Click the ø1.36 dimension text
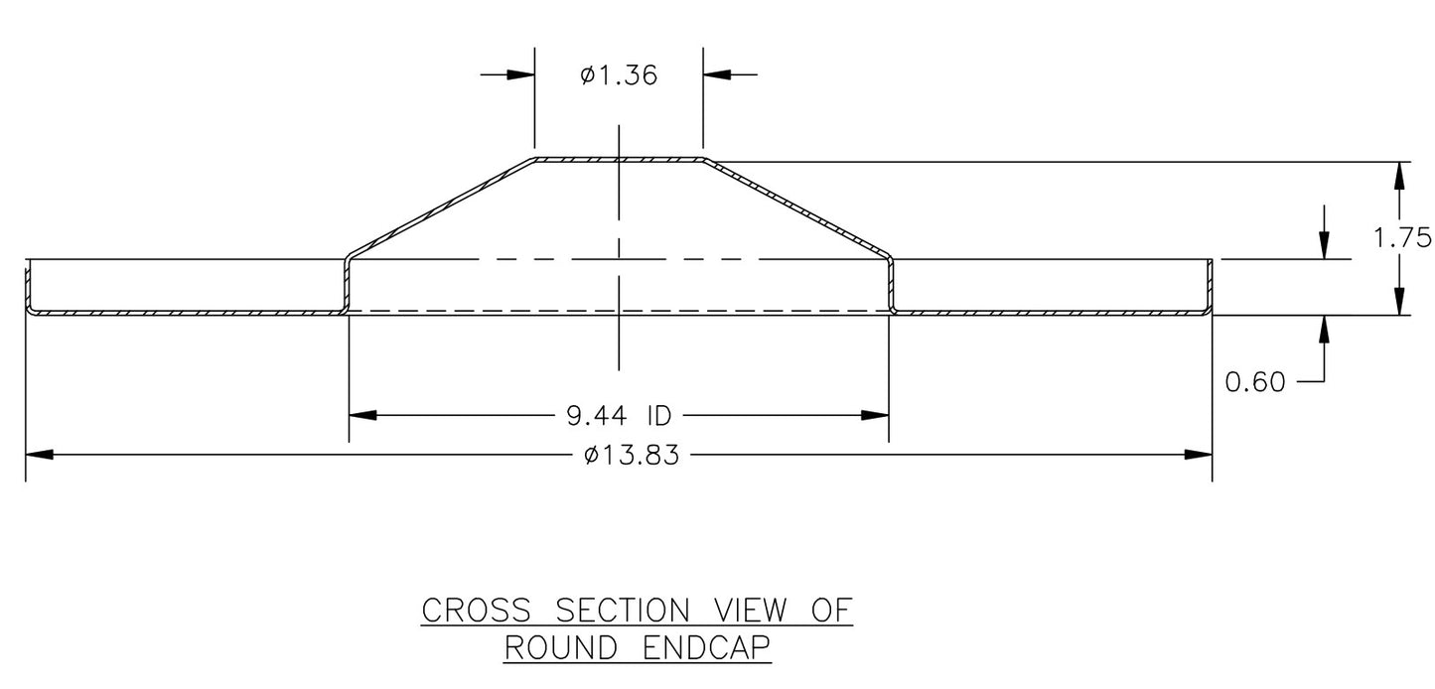tap(619, 75)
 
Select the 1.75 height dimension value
tap(1402, 237)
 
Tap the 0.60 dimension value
tap(1255, 382)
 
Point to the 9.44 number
tap(596, 416)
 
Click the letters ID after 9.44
tap(659, 416)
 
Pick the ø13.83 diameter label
tap(632, 456)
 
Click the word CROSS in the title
tap(477, 610)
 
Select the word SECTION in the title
tap(623, 610)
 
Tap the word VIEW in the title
tap(750, 610)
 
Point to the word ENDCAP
tap(706, 648)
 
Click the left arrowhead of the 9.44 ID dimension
tap(362, 416)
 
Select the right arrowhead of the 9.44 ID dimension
tap(875, 416)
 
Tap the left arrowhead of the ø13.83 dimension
tap(40, 456)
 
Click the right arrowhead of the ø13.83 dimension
tap(1198, 456)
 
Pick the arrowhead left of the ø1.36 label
tap(520, 74)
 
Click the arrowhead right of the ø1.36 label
tap(717, 74)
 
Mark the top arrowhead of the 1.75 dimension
tap(1399, 176)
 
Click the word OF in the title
tap(831, 610)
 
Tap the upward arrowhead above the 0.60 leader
tap(1324, 330)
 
